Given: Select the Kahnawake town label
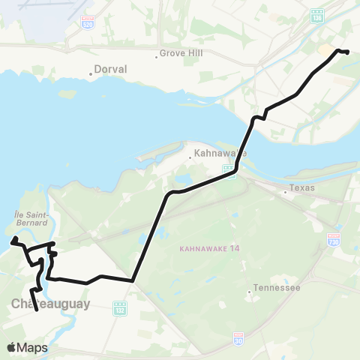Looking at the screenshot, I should click(220, 154).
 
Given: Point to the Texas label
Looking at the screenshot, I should click(303, 187).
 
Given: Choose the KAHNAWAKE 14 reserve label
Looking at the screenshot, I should click(209, 248).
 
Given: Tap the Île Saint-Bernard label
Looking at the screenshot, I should click(31, 217).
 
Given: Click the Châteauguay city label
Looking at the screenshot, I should click(50, 304).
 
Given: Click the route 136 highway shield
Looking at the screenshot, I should click(318, 14).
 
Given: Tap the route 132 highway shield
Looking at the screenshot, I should click(119, 307).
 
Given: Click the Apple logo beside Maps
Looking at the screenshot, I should click(12, 347).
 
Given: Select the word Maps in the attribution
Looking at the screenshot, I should click(32, 347).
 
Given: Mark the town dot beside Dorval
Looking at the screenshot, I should click(91, 73).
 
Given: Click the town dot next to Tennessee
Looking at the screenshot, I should click(250, 292).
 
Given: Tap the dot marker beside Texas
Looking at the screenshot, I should click(286, 192).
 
